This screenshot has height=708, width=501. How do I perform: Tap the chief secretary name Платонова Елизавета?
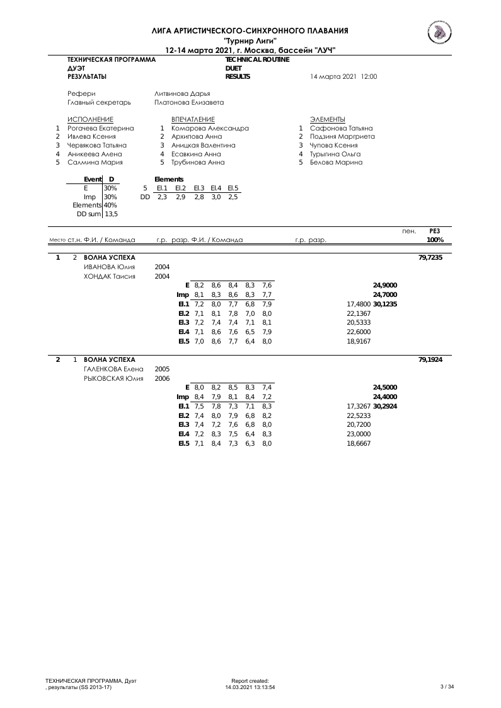click(189, 102)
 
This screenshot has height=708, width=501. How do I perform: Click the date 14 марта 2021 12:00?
click(343, 76)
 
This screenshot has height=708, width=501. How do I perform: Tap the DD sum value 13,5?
click(111, 214)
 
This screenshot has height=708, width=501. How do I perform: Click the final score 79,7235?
click(430, 257)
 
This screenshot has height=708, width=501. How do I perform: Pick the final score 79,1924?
click(430, 359)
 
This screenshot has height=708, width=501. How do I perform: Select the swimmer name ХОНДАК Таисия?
click(110, 276)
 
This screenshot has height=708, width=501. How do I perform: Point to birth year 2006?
click(162, 378)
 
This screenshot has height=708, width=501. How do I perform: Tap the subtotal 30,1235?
click(385, 304)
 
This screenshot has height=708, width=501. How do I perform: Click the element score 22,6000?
click(359, 331)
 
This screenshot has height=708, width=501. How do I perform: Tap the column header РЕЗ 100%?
click(434, 236)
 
